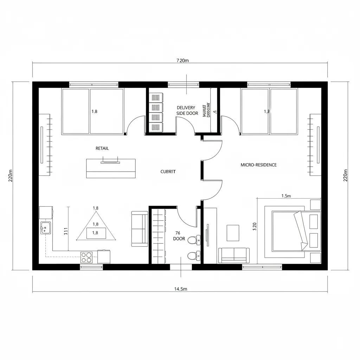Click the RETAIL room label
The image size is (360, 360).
pyautogui.click(x=102, y=148)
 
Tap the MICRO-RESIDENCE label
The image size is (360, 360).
pyautogui.click(x=258, y=165)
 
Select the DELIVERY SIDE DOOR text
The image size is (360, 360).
pyautogui.click(x=187, y=110)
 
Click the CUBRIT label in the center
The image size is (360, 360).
pyautogui.click(x=168, y=172)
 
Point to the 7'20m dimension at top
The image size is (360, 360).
pyautogui.click(x=182, y=60)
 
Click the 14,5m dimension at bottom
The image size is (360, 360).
pyautogui.click(x=181, y=289)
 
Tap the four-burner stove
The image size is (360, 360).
pyautogui.click(x=86, y=257)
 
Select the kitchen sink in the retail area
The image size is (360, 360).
pyautogui.click(x=45, y=227)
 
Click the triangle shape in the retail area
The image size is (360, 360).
pyautogui.click(x=96, y=230)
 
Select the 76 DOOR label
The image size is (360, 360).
pyautogui.click(x=179, y=236)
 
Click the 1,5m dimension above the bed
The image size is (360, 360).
pyautogui.click(x=287, y=196)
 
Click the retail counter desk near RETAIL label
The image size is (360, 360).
pyautogui.click(x=111, y=168)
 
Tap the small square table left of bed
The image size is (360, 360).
pyautogui.click(x=233, y=233)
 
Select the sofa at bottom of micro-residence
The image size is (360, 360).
pyautogui.click(x=234, y=255)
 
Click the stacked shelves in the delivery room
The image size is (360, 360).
pyautogui.click(x=156, y=112)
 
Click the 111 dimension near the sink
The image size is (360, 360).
pyautogui.click(x=66, y=231)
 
